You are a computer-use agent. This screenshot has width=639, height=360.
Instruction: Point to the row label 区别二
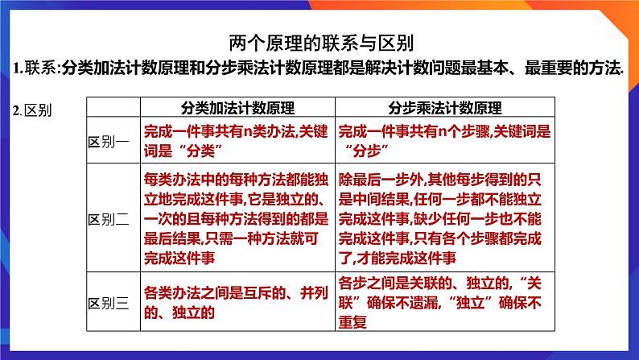(108, 219)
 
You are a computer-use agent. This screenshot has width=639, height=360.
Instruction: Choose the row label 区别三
(108, 304)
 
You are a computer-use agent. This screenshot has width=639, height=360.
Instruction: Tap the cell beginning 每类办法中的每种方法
(236, 219)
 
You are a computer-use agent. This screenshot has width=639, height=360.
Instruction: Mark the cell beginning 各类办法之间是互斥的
(236, 295)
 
